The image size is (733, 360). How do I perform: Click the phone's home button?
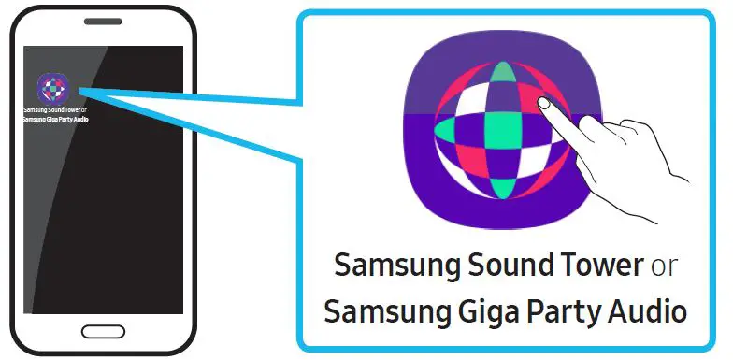[x=102, y=332]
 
